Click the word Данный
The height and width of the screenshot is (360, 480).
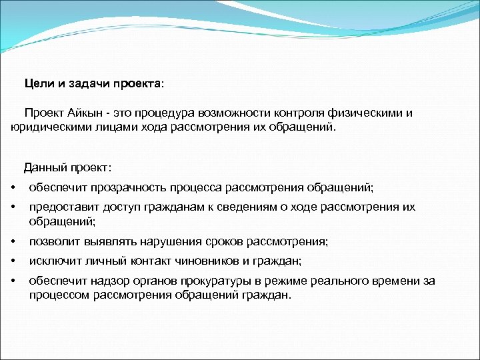coord(45,167)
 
